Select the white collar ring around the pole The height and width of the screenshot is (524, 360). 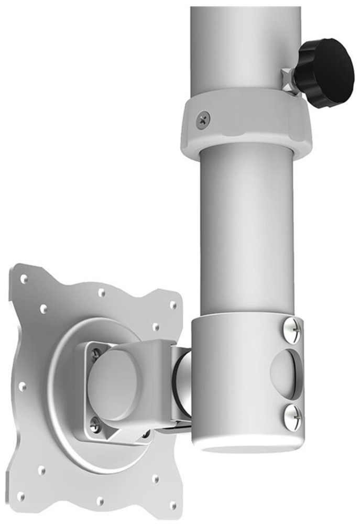click(x=246, y=123)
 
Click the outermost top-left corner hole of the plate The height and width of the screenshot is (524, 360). click(x=24, y=279)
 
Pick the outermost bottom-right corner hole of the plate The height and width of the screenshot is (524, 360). click(x=172, y=506)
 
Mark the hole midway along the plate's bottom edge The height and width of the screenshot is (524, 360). click(x=100, y=501)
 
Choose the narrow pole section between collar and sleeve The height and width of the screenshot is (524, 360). click(x=246, y=231)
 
